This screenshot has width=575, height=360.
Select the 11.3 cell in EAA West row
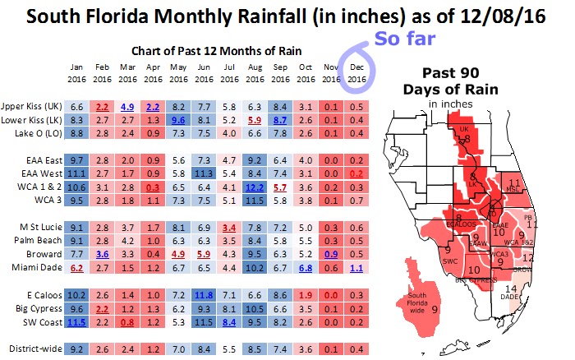[205, 173]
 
